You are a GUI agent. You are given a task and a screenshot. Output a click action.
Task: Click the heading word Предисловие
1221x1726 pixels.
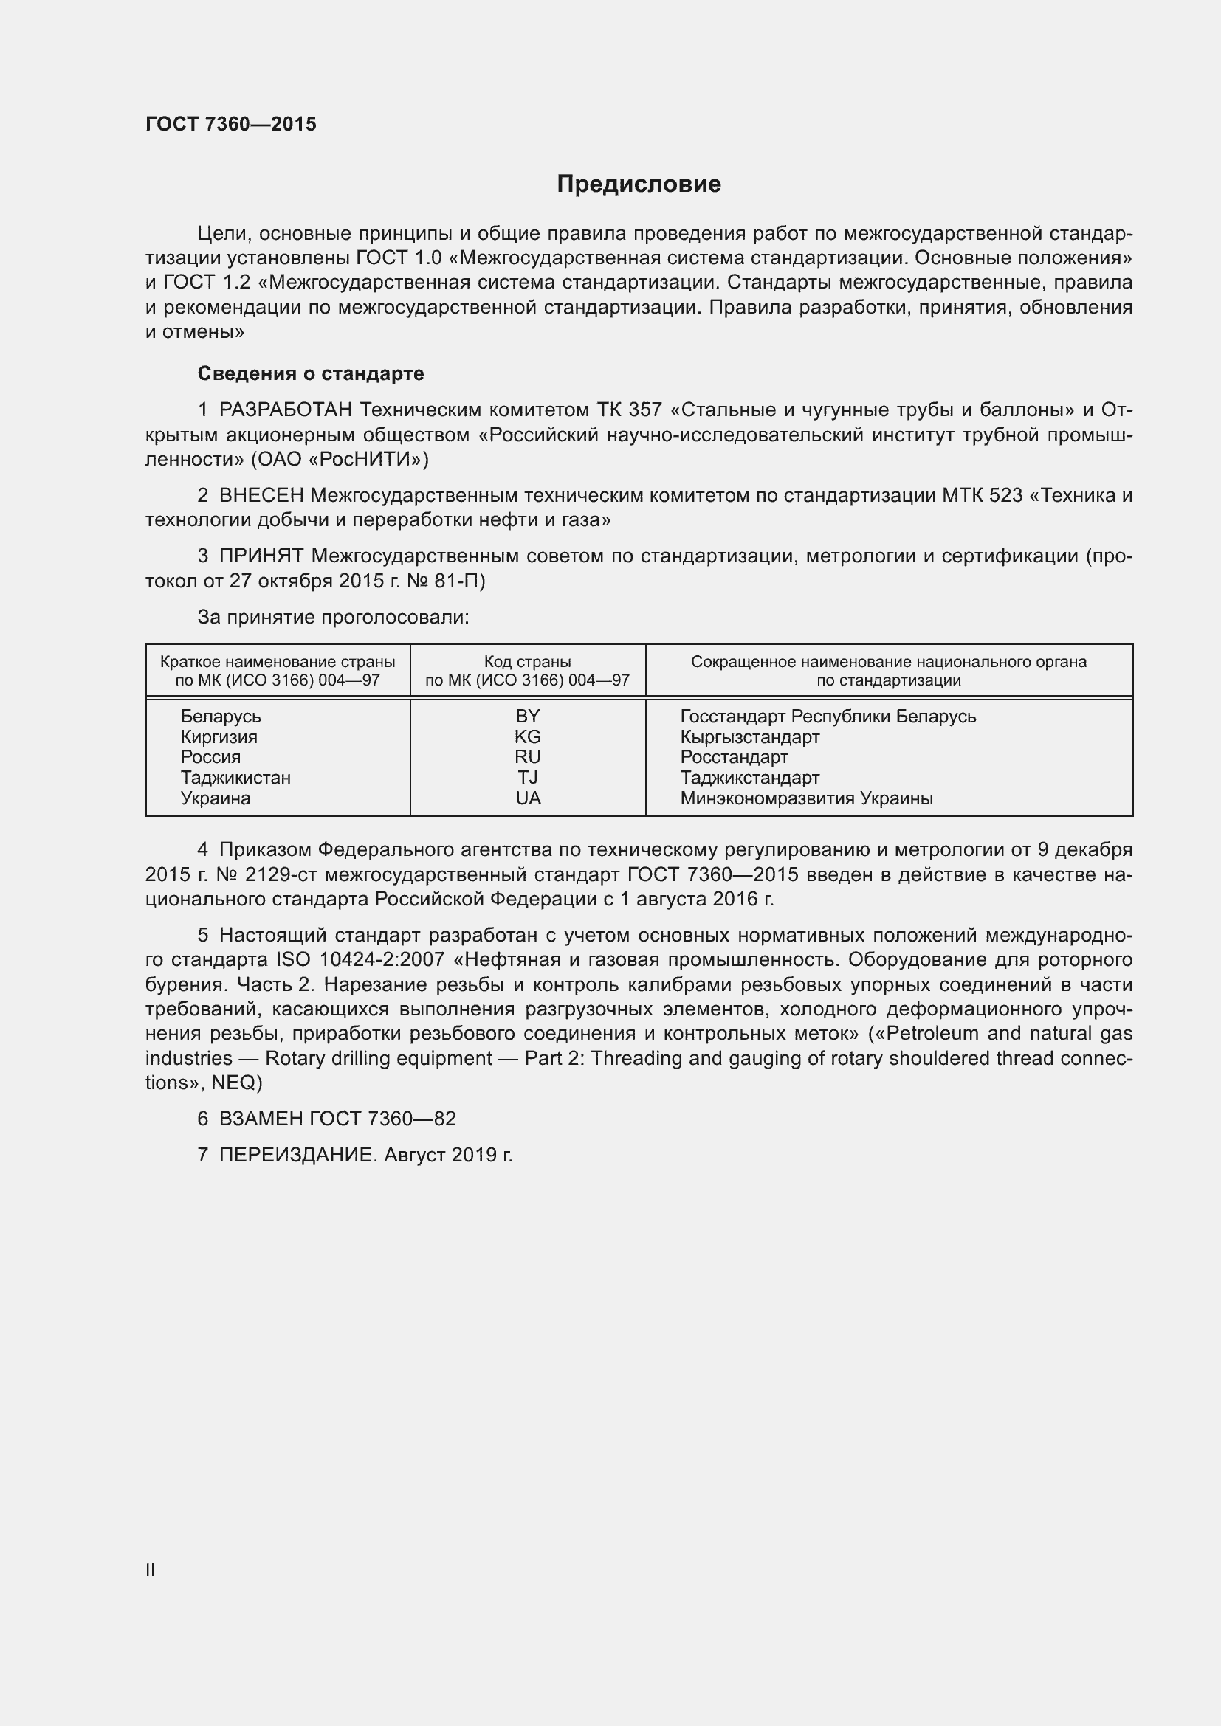[639, 184]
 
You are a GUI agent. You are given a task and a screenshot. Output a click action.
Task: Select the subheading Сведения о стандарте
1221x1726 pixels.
[311, 373]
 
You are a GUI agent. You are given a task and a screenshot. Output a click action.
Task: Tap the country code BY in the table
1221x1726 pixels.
[528, 717]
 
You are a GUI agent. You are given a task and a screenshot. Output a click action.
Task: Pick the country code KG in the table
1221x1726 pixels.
[528, 736]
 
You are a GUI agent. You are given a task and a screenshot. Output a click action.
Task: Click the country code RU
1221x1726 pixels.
[528, 757]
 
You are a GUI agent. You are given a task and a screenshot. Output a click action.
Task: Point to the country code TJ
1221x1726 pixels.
[528, 777]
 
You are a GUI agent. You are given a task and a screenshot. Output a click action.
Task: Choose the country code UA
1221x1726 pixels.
[528, 798]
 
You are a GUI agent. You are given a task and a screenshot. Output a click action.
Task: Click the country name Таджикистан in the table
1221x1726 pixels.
[235, 777]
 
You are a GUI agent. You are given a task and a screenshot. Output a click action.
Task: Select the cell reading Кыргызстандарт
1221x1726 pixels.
[749, 736]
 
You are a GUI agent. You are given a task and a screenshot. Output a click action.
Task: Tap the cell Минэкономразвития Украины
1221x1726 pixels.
[806, 798]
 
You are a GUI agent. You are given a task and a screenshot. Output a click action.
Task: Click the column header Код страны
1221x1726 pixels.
[528, 662]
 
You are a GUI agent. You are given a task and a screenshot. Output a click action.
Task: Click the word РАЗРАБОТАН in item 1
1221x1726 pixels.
[285, 410]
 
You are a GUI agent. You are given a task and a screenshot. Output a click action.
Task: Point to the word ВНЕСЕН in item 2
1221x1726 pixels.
[261, 495]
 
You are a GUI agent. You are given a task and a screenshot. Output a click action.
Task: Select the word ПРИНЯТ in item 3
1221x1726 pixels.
[261, 556]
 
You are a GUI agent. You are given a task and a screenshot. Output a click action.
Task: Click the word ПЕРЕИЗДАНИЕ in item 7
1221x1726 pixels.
[296, 1156]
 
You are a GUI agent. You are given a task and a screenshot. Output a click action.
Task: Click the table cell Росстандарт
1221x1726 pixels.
[734, 757]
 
